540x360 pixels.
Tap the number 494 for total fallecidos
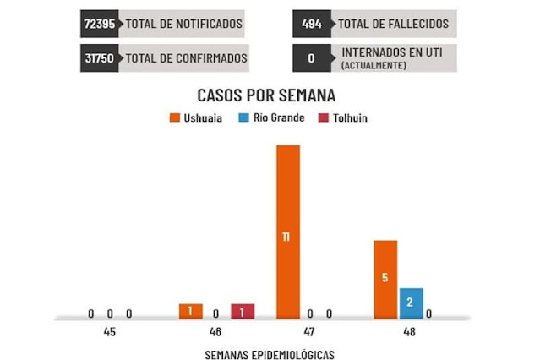312,24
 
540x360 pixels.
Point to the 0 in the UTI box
312,58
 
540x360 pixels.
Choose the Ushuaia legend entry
196,117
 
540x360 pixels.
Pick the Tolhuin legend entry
344,117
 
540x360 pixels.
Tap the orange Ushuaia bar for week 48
385,280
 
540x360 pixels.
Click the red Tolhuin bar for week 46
243,311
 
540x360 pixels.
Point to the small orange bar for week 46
191,311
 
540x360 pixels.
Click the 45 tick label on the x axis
110,332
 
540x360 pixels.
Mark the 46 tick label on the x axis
216,332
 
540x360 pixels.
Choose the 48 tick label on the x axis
409,332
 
